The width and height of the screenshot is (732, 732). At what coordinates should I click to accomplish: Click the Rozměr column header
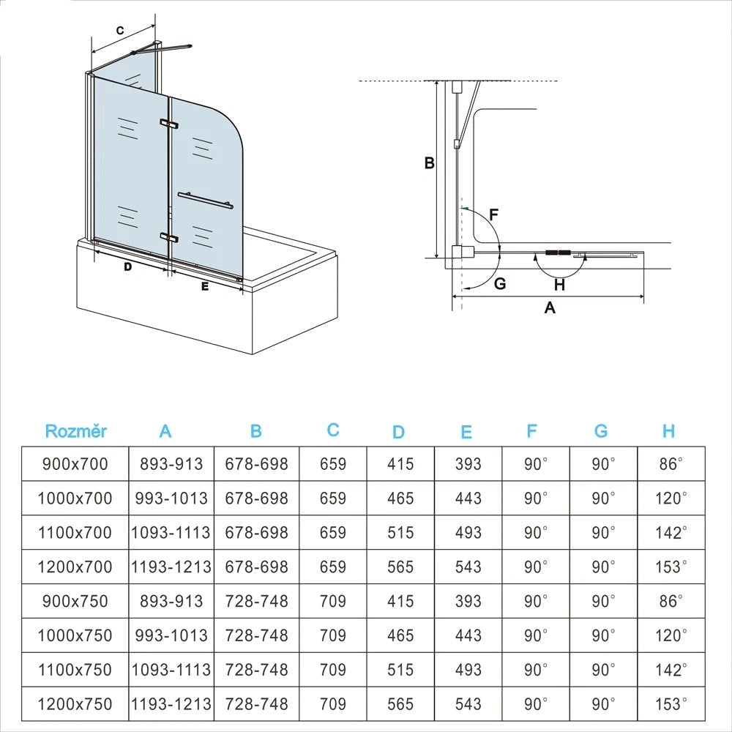[75, 430]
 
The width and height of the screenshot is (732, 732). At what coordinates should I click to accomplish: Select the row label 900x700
[75, 463]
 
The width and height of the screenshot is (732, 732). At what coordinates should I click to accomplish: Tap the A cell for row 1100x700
[171, 532]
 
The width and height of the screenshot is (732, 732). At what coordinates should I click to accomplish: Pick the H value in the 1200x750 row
[671, 704]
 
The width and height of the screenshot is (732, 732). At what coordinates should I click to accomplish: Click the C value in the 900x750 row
[333, 601]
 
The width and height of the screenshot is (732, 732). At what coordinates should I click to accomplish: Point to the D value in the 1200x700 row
[400, 567]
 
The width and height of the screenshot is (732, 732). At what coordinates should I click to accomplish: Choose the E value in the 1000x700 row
[468, 498]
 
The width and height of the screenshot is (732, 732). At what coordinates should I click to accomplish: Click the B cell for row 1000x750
[256, 635]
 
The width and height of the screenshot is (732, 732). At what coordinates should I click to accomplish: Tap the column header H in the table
[668, 431]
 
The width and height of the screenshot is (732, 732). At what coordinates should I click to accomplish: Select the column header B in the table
[255, 431]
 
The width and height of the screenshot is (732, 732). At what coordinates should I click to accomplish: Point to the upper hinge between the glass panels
[169, 124]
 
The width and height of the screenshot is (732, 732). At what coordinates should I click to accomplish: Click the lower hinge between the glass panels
[170, 237]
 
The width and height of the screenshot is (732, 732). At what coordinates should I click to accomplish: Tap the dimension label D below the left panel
[127, 267]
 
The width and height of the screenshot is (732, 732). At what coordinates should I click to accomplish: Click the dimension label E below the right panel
[205, 287]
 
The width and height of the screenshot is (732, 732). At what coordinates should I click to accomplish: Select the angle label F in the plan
[493, 215]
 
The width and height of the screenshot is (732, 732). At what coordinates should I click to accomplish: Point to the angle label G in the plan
[500, 284]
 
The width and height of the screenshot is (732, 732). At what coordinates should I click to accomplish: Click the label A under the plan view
[550, 308]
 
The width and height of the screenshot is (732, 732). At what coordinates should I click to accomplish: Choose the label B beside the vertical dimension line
[430, 163]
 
